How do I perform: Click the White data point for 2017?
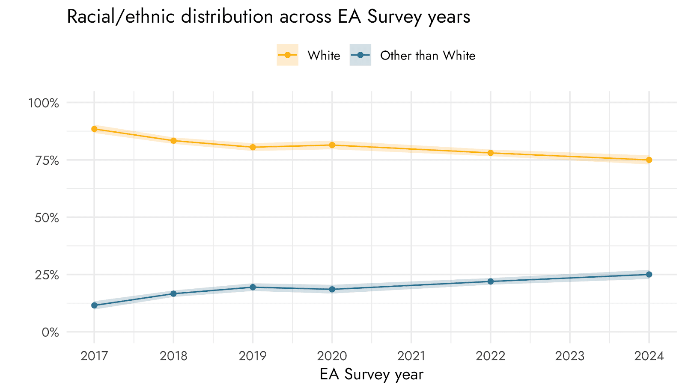[94, 129]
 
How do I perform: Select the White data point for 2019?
[253, 147]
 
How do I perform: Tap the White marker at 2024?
[649, 160]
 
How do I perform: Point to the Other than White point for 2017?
[94, 305]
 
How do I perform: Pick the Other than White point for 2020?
[332, 289]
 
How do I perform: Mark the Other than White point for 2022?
[491, 281]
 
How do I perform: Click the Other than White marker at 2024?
[649, 275]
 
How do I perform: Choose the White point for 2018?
[173, 140]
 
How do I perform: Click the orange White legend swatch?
[287, 55]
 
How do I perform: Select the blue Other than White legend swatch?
[360, 55]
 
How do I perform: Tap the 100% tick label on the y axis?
[43, 103]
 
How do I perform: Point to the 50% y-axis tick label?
[46, 218]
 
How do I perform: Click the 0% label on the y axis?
[50, 332]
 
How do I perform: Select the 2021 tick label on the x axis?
[411, 356]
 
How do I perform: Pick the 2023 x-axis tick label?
[570, 356]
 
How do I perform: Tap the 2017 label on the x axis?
[94, 356]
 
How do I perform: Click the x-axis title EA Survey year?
[371, 374]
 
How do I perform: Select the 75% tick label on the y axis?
[47, 160]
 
